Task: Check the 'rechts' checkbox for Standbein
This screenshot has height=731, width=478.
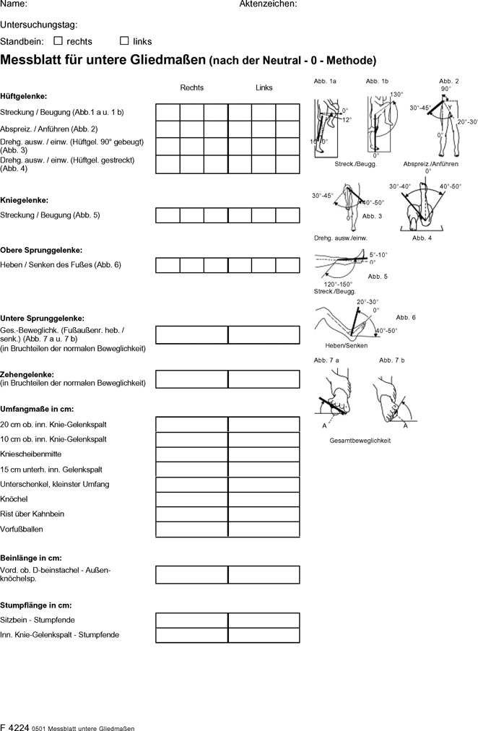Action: click(x=58, y=41)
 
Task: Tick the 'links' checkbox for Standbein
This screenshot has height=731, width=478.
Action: click(x=124, y=41)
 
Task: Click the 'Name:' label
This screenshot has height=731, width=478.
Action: click(x=14, y=4)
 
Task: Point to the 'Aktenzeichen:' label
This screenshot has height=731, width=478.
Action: click(x=268, y=4)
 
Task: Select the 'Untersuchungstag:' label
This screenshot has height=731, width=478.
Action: click(x=39, y=25)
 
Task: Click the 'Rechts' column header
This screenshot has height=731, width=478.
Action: click(x=192, y=88)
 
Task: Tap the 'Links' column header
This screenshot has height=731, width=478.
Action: click(x=264, y=88)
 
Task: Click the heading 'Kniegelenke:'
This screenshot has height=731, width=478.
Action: click(x=25, y=200)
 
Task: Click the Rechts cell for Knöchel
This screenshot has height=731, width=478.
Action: click(x=192, y=499)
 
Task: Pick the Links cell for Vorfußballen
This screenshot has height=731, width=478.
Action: click(x=264, y=529)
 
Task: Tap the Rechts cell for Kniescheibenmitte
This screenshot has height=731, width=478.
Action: click(x=192, y=454)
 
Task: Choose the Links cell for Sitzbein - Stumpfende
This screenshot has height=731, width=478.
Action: click(x=264, y=620)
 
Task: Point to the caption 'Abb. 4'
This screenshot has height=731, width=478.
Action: click(x=422, y=238)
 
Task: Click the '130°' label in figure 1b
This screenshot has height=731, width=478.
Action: click(x=396, y=95)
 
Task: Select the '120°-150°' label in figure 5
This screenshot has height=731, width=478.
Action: click(x=338, y=284)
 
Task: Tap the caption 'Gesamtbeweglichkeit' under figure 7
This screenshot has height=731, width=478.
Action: click(x=360, y=441)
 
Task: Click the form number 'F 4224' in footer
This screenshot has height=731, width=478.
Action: click(x=14, y=726)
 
